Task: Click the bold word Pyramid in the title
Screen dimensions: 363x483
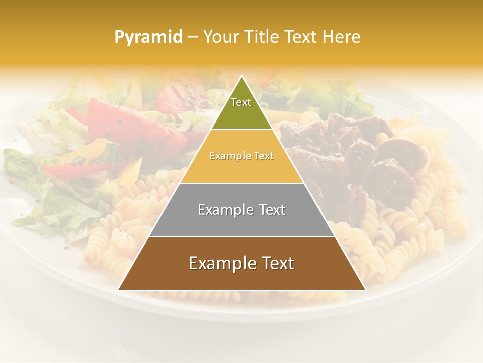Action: (148, 37)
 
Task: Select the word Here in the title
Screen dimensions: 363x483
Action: (341, 37)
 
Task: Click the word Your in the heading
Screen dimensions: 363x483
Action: (221, 37)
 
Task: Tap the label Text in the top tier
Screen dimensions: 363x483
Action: (241, 102)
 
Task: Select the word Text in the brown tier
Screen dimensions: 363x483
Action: (276, 263)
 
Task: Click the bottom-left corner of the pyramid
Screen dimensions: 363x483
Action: (119, 290)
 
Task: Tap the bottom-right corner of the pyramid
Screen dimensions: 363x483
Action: (365, 290)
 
